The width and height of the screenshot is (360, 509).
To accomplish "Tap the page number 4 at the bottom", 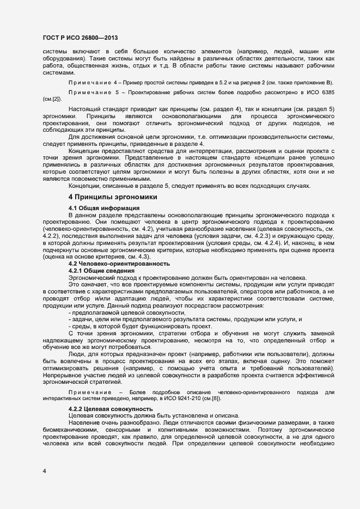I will pos(45,470).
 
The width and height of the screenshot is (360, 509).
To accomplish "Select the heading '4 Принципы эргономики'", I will pos(113,196).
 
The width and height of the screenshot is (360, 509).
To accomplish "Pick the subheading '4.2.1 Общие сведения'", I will pos(97,270).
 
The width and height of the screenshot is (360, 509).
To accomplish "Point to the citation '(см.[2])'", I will pos(52,100).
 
